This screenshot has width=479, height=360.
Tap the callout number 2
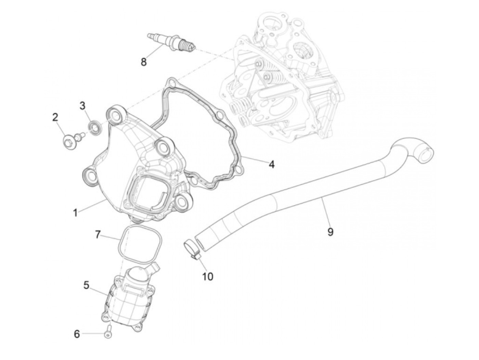click(55, 117)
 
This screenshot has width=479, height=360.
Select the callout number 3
click(82, 105)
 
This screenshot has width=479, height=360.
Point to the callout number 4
click(271, 165)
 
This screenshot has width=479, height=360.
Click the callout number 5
click(86, 285)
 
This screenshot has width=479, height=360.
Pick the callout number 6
click(77, 334)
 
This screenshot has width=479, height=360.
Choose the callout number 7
click(98, 235)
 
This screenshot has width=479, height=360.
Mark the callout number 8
click(143, 62)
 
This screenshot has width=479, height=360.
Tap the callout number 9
click(330, 232)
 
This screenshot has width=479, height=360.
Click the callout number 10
click(208, 276)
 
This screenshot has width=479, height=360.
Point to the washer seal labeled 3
click(95, 126)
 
